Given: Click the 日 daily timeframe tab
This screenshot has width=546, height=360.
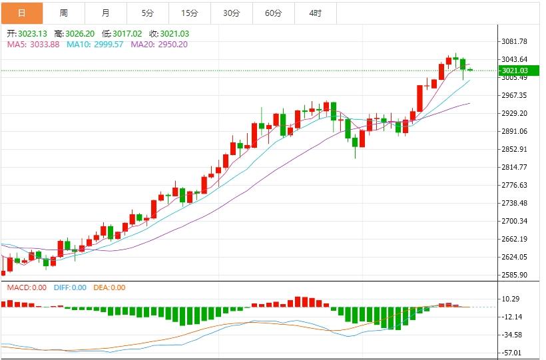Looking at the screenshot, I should tap(22, 13).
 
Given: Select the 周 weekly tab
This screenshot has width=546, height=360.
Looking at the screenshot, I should tap(63, 13).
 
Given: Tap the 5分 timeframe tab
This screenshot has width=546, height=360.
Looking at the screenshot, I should tap(148, 13).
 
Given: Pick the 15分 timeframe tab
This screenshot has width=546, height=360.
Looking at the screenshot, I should tap(190, 13).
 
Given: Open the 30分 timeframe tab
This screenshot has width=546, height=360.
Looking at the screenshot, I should tap(232, 13).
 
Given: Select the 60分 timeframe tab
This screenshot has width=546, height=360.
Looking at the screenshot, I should tap(273, 13).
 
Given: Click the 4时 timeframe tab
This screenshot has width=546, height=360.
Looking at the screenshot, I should tap(316, 13).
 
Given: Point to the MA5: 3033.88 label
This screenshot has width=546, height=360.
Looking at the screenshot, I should tap(33, 45).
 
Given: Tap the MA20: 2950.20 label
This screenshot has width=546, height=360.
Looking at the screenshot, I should tap(159, 45).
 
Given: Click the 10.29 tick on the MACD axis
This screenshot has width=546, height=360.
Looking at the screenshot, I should tap(511, 299).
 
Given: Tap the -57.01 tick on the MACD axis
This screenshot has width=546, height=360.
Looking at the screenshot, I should tap(511, 353).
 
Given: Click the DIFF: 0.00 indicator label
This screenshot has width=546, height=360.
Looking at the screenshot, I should tap(69, 287).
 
